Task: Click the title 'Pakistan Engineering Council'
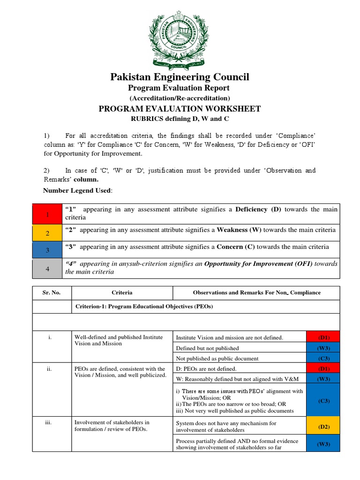pos(180,77)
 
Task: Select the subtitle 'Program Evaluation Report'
pos(180,88)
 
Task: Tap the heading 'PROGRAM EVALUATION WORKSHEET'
pos(180,109)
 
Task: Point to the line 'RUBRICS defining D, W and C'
pos(180,118)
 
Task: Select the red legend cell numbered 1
pos(47,214)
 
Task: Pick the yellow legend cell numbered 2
pos(47,233)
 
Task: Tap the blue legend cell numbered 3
pos(47,250)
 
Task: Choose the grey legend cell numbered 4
pos(47,268)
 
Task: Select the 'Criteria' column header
pos(122,292)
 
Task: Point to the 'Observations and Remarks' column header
pos(256,292)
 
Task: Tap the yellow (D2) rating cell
pos(323,427)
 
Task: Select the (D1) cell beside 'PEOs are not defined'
pos(323,369)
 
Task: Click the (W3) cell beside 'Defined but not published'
pos(323,348)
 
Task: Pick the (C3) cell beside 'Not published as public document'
pos(323,358)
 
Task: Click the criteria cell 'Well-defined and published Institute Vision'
pos(119,340)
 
